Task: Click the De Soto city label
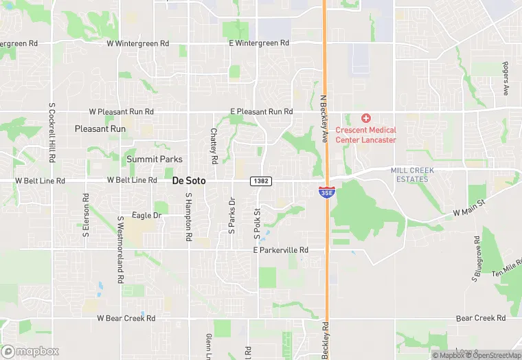(189, 181)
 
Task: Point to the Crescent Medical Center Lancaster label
(366, 135)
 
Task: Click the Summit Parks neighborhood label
(155, 159)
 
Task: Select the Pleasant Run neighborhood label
(100, 128)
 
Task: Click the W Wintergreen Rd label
(137, 43)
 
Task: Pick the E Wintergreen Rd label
(259, 43)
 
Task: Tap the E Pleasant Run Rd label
(261, 111)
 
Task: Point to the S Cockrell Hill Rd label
(52, 133)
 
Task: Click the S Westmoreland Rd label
(120, 251)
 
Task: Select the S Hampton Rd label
(188, 216)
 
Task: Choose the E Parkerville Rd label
(280, 250)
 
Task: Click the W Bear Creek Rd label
(126, 318)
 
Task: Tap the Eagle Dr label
(146, 215)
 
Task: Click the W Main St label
(469, 209)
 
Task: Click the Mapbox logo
(30, 351)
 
